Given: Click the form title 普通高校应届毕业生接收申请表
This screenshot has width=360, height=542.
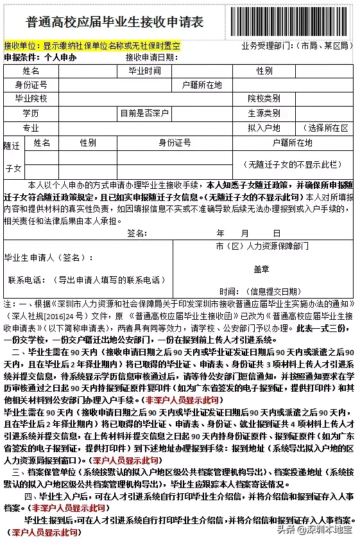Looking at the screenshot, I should pyautogui.click(x=115, y=22).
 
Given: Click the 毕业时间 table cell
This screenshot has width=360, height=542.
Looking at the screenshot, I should pyautogui.click(x=145, y=71).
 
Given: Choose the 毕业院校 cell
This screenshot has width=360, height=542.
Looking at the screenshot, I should pyautogui.click(x=31, y=99).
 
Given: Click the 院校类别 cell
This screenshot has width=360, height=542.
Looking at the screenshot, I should pyautogui.click(x=264, y=99).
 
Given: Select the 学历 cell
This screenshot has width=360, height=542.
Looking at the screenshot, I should pyautogui.click(x=31, y=113).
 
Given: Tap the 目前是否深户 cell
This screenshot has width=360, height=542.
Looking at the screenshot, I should pyautogui.click(x=144, y=113).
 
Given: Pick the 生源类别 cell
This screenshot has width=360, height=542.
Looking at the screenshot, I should pyautogui.click(x=264, y=113).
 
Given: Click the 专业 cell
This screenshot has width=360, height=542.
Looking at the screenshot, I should pyautogui.click(x=31, y=128).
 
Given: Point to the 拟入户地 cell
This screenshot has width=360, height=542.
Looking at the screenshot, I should pyautogui.click(x=264, y=128).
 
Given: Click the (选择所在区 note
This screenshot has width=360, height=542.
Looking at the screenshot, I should pyautogui.click(x=328, y=128).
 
